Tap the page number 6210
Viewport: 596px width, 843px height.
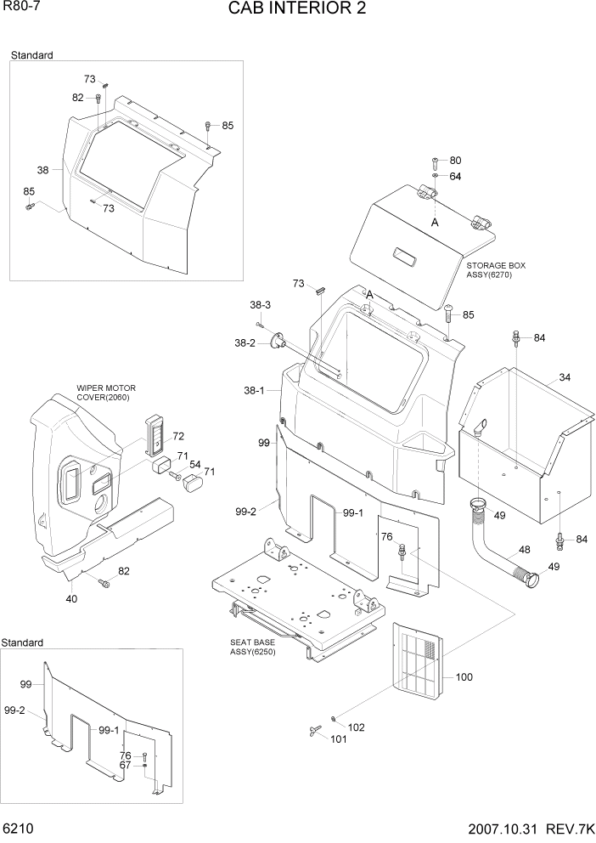pos(18,828)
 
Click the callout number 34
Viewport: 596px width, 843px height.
pos(565,377)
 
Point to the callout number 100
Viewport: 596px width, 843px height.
pos(464,677)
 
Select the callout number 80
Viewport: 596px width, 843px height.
pos(455,161)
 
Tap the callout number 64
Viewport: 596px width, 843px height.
pos(455,177)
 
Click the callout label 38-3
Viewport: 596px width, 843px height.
pos(260,305)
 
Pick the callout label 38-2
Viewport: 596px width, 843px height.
pos(245,342)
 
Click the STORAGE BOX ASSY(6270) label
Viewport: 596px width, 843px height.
pos(495,270)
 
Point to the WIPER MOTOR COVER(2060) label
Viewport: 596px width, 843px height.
pos(106,393)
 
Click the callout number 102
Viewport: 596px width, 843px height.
pos(357,727)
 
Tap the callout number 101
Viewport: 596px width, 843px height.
pos(339,739)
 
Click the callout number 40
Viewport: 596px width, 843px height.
pos(71,599)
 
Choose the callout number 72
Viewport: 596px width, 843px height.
pos(178,436)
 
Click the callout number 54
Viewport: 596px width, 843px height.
pos(194,464)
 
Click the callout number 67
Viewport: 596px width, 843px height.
pos(126,765)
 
